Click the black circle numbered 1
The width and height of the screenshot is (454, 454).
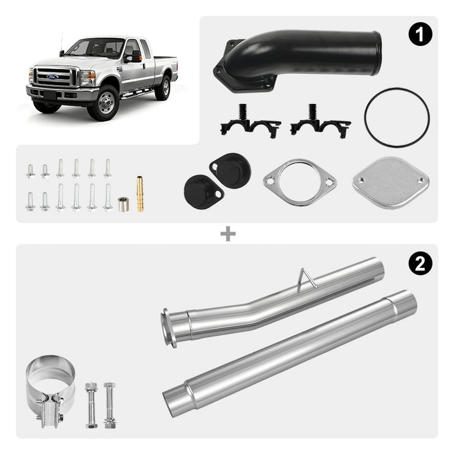[x=420, y=34]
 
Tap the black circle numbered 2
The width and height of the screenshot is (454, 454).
[x=420, y=264]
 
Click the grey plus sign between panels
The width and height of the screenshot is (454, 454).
[x=228, y=234]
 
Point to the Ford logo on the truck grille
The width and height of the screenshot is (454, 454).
[x=52, y=77]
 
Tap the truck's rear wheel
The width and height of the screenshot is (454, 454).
[x=163, y=88]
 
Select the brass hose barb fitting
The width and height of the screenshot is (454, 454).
[x=140, y=194]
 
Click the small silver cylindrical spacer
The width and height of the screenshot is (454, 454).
[x=124, y=204]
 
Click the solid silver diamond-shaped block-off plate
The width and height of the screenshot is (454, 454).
[x=390, y=183]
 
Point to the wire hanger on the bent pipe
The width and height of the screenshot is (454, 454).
[x=308, y=278]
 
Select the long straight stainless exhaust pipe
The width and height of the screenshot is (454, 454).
[x=289, y=354]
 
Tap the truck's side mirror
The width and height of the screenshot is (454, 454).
[x=134, y=57]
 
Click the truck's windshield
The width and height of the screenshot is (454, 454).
[x=95, y=47]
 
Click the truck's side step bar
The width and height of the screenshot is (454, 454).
[x=137, y=95]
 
